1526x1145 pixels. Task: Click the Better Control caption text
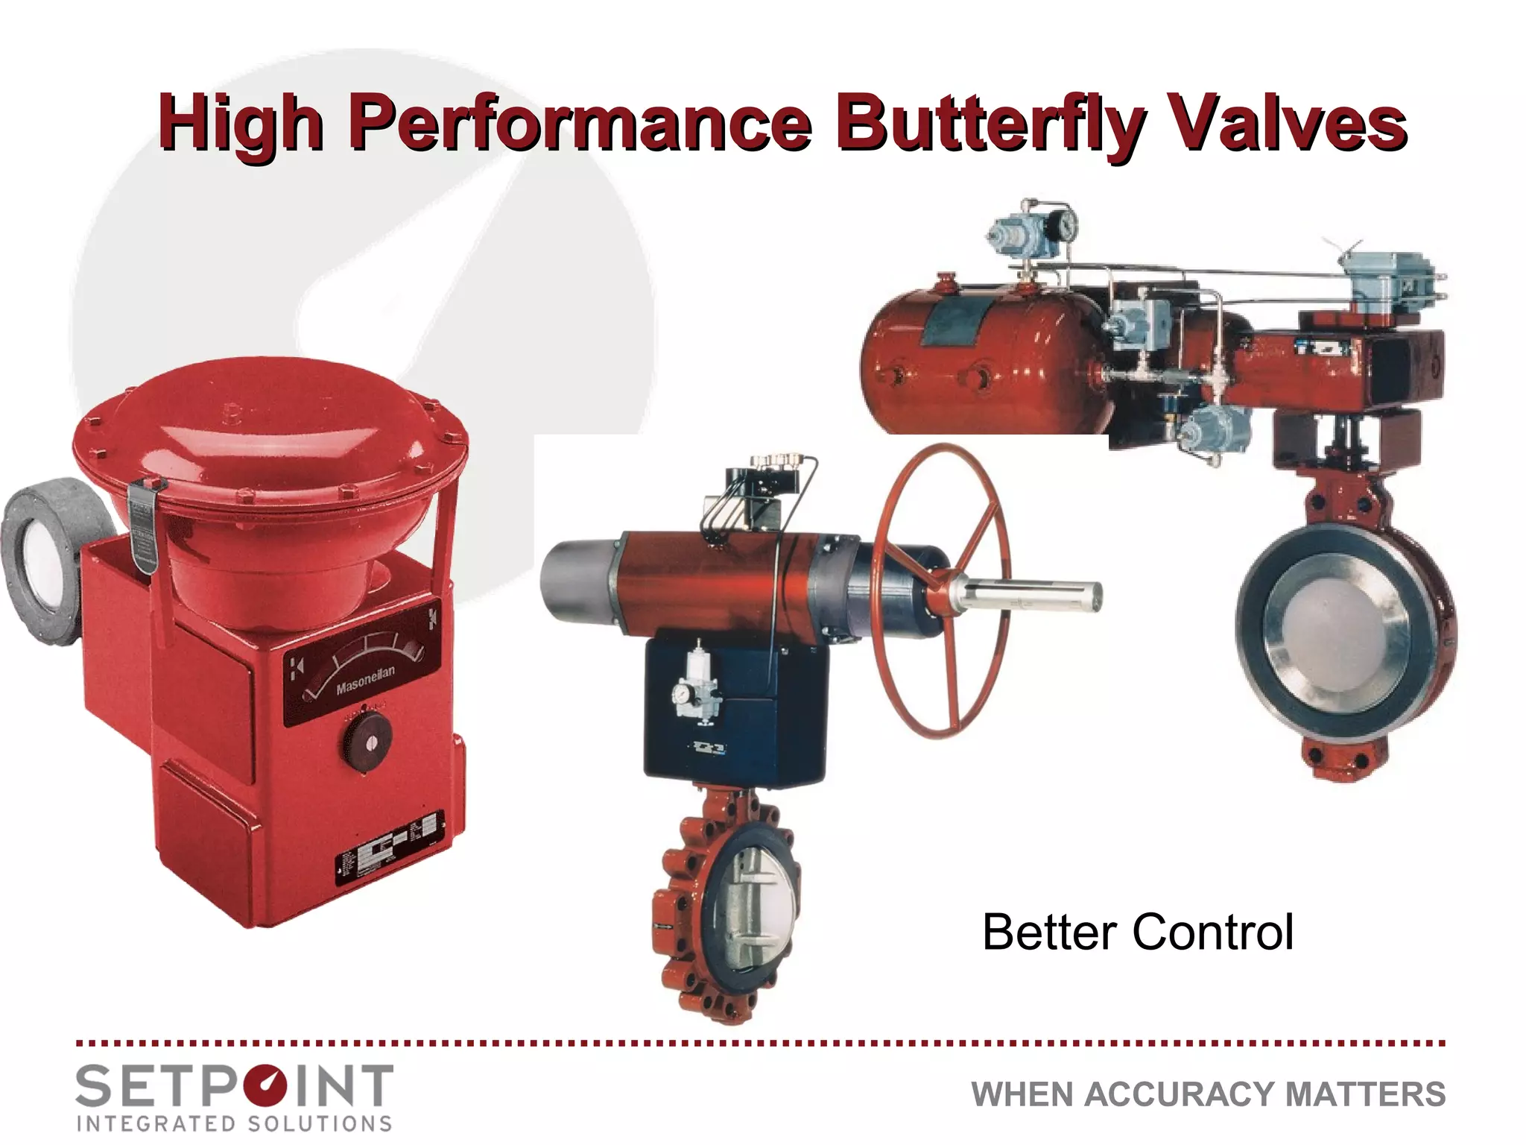[x=1138, y=932]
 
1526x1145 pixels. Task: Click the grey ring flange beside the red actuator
[x=41, y=559]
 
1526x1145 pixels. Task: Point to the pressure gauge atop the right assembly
[x=1066, y=222]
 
